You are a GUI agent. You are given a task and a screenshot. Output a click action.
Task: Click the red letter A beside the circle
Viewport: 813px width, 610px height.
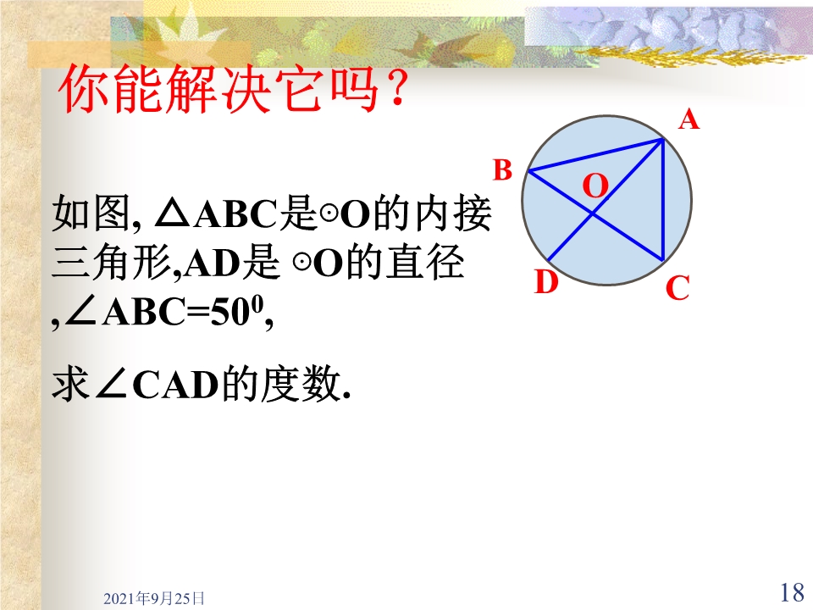pyautogui.click(x=689, y=119)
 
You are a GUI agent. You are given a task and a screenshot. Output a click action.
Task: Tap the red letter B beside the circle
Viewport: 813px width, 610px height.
pyautogui.click(x=502, y=170)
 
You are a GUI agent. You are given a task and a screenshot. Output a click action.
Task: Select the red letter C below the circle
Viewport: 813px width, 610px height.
pyautogui.click(x=677, y=288)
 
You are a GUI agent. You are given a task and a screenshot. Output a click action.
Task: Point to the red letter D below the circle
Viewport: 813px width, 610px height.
pyautogui.click(x=546, y=283)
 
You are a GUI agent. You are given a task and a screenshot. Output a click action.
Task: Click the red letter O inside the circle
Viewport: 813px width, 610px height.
pyautogui.click(x=595, y=186)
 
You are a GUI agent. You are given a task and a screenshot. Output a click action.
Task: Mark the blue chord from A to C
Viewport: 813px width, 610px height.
pyautogui.click(x=663, y=199)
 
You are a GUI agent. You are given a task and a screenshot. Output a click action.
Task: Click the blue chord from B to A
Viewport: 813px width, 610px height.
pyautogui.click(x=595, y=154)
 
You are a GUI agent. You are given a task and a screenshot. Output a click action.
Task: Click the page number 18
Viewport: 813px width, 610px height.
pyautogui.click(x=792, y=592)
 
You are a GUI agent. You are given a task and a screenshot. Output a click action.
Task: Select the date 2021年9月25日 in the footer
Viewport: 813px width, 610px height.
pyautogui.click(x=154, y=599)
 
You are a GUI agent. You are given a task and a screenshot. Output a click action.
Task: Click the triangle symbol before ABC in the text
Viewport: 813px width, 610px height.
pyautogui.click(x=172, y=214)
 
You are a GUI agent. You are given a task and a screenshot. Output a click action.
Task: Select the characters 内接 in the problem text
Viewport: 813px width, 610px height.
pyautogui.click(x=453, y=213)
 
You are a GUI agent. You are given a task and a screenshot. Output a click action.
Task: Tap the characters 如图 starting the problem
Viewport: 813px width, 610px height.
pyautogui.click(x=91, y=213)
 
